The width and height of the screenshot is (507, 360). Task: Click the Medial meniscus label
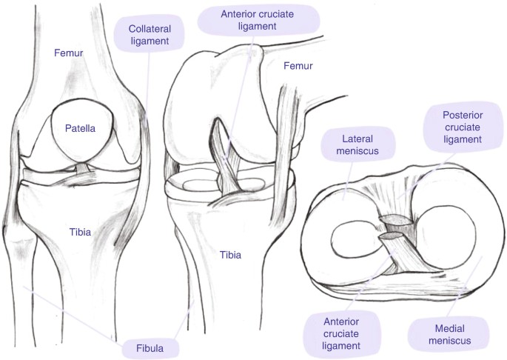click(441, 334)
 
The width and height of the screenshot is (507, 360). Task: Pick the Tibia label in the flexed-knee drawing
click(231, 256)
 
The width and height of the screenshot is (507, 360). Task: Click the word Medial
click(441, 327)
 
